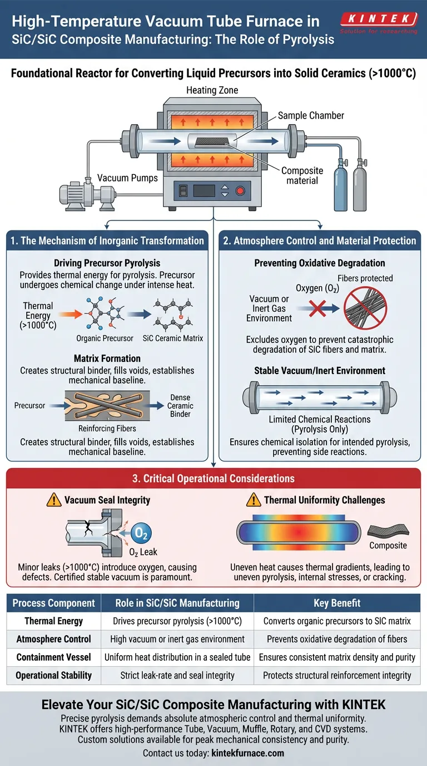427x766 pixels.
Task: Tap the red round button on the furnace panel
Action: pyautogui.click(x=240, y=191)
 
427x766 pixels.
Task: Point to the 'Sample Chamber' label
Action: pyautogui.click(x=311, y=116)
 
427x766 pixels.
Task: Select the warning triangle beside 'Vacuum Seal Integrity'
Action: pyautogui.click(x=53, y=500)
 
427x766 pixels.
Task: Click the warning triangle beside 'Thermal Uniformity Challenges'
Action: pyautogui.click(x=254, y=500)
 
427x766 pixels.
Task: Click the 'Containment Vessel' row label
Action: pyautogui.click(x=54, y=657)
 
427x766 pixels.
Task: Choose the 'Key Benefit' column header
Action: pyautogui.click(x=337, y=603)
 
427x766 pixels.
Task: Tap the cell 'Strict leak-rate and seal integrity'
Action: pyautogui.click(x=177, y=676)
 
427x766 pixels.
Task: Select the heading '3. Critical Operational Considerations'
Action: pyautogui.click(x=213, y=479)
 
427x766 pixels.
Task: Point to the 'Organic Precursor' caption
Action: pyautogui.click(x=105, y=338)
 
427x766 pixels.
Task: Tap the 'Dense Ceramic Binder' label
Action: pyautogui.click(x=180, y=406)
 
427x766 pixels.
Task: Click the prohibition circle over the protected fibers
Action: pyautogui.click(x=365, y=308)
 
